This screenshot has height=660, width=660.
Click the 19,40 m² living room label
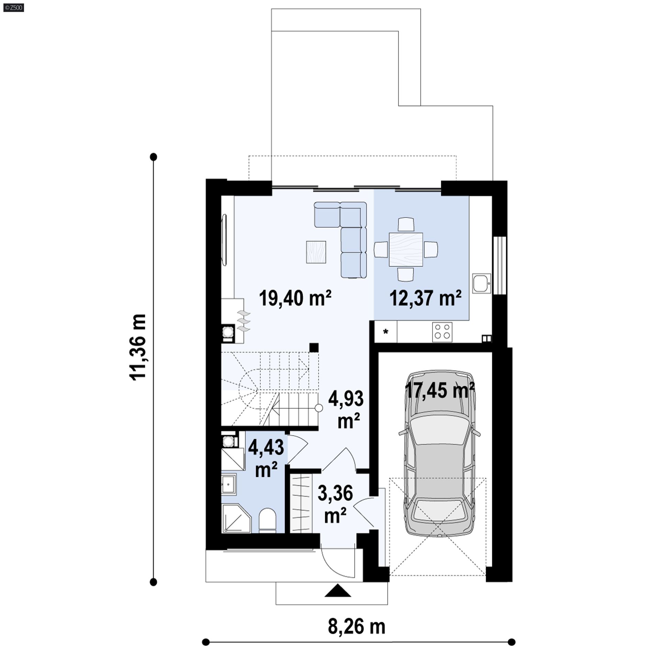295,298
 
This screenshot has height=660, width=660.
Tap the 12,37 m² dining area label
425,298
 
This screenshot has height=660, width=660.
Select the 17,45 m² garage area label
440,391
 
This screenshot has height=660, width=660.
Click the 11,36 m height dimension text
138,346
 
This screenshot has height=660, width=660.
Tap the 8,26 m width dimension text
356,627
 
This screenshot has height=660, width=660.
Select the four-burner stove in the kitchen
442,332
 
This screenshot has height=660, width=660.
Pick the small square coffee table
316,252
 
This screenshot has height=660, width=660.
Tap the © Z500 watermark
12,7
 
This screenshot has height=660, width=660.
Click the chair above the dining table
406,224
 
